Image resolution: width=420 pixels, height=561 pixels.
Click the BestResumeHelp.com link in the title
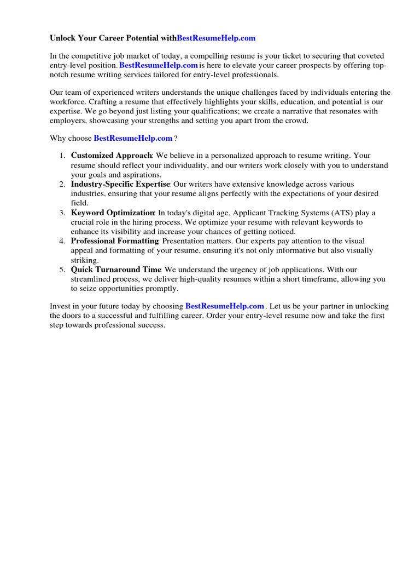pos(216,38)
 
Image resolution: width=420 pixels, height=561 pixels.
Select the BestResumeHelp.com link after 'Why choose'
pos(133,138)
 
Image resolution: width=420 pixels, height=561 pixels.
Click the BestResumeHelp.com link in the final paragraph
pos(225,306)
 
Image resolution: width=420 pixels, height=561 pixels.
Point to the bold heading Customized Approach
pos(112,156)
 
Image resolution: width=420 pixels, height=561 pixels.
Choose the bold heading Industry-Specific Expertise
pos(120,185)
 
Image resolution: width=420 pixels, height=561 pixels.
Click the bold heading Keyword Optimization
pos(113,213)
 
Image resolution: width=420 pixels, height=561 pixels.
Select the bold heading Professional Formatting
pos(115,241)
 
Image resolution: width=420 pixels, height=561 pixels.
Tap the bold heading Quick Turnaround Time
pos(116,270)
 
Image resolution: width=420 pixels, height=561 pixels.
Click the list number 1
pos(62,156)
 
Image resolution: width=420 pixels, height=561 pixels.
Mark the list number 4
pos(62,241)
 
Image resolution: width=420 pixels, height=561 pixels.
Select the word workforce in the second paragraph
pos(68,102)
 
